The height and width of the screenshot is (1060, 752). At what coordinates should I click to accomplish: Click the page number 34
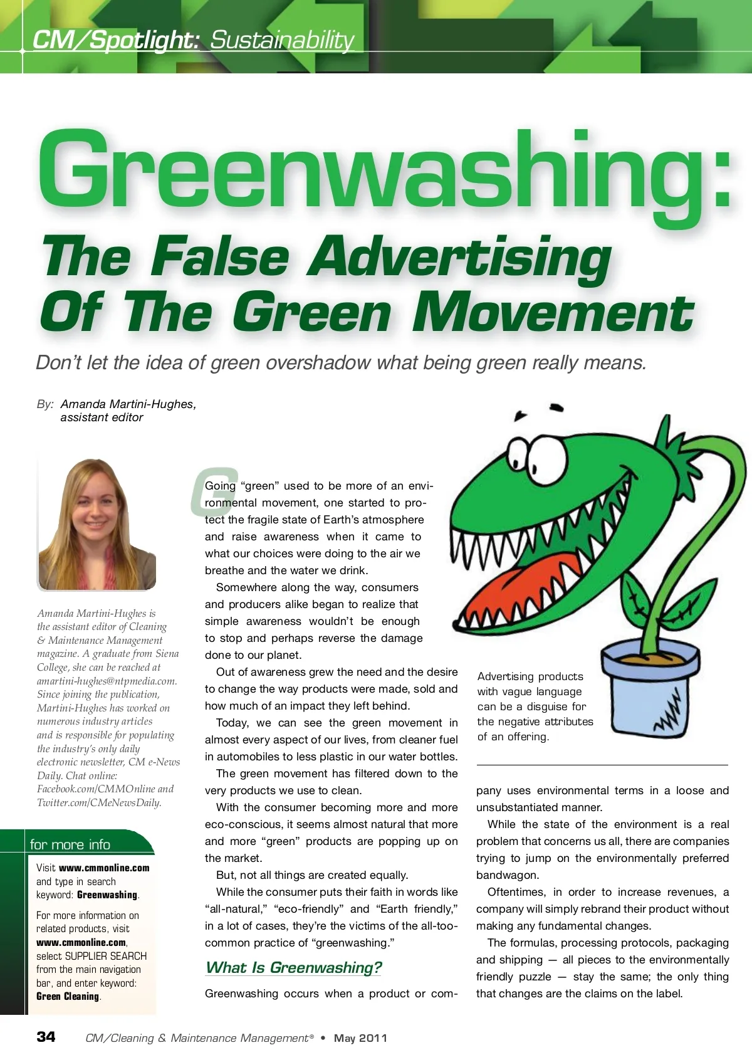(x=46, y=1037)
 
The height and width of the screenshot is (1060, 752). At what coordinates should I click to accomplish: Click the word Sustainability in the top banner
(x=282, y=40)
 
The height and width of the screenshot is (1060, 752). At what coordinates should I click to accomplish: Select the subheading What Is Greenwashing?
(x=293, y=967)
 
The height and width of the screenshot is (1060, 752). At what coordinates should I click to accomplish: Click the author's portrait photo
(x=97, y=525)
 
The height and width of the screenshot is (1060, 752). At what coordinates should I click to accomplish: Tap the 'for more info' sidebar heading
(x=70, y=844)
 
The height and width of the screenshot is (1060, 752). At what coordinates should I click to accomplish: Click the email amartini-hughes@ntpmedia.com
(x=107, y=681)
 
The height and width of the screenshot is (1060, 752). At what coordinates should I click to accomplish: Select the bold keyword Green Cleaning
(x=68, y=997)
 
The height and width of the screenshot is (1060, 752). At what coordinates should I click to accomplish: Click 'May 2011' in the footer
(x=360, y=1038)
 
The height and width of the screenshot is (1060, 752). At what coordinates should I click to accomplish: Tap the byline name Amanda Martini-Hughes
(x=128, y=404)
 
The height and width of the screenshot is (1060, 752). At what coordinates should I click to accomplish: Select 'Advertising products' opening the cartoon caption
(x=530, y=676)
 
